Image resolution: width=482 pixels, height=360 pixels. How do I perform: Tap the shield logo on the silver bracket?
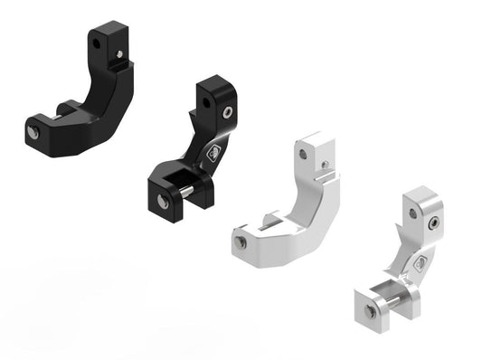pos(420,264)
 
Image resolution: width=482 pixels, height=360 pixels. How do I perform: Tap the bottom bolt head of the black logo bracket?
pos(164,202)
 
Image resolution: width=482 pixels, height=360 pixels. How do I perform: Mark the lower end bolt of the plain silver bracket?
pos(241,242)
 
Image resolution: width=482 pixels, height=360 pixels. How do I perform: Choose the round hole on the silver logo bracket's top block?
pos(412,213)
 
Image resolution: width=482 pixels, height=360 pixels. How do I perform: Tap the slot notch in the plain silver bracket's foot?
pos(270,220)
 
